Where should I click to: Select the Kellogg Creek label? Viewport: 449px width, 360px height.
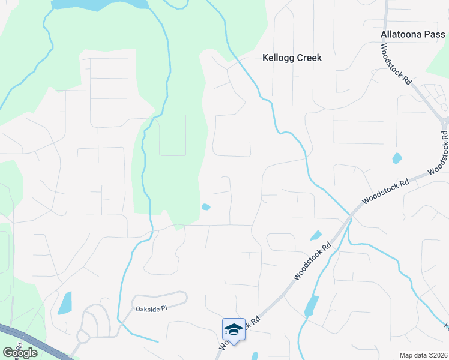(292, 58)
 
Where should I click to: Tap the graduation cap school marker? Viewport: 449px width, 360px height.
(234, 329)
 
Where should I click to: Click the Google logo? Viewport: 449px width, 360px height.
(19, 353)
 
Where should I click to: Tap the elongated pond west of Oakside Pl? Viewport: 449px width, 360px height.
(65, 303)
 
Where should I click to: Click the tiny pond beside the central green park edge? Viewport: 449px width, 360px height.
(206, 207)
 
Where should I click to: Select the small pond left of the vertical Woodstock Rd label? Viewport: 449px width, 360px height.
(396, 158)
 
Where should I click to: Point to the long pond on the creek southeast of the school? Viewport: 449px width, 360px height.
(310, 305)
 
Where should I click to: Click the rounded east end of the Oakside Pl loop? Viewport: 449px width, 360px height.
(184, 297)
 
